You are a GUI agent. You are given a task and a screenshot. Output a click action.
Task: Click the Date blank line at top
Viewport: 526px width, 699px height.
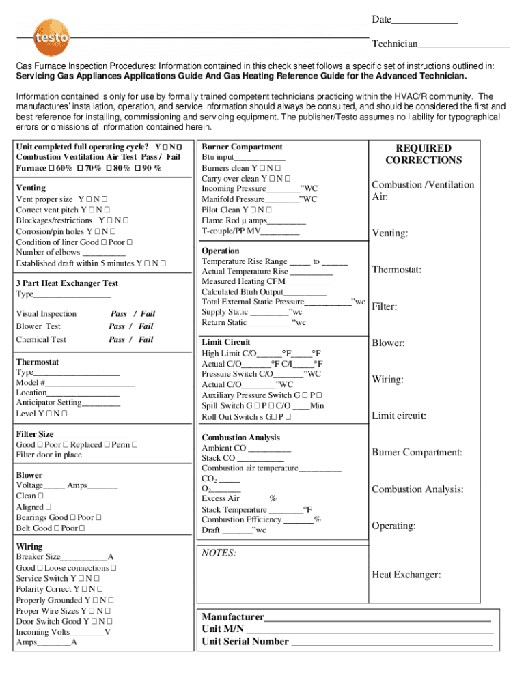(x=424, y=21)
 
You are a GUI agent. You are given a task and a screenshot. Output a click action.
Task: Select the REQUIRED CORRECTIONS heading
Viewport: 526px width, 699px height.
(x=424, y=154)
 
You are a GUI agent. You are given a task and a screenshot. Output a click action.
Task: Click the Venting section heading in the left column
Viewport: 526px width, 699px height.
(x=31, y=188)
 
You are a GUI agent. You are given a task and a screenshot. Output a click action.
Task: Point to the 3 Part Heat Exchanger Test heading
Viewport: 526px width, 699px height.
(x=67, y=283)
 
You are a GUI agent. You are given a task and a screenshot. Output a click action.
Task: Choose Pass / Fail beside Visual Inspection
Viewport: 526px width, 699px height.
(x=133, y=314)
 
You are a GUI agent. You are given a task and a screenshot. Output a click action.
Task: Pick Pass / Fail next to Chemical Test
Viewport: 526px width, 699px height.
(x=131, y=339)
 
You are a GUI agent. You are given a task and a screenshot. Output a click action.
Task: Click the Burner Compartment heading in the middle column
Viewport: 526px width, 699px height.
(x=242, y=147)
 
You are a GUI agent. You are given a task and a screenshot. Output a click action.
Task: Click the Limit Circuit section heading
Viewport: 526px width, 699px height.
(x=226, y=342)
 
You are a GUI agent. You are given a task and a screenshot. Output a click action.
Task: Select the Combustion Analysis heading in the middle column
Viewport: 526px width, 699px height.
(x=240, y=438)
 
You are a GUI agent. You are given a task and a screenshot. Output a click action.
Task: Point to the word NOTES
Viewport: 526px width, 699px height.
(x=219, y=552)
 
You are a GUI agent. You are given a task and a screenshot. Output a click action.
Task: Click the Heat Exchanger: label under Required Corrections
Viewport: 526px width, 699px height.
(x=406, y=575)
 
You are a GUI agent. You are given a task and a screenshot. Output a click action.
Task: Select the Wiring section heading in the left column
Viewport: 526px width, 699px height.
(x=29, y=547)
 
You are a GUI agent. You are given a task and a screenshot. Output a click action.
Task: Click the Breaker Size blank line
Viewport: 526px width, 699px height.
(x=85, y=558)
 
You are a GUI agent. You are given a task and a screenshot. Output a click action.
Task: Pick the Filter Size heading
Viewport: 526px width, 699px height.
(x=35, y=434)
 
